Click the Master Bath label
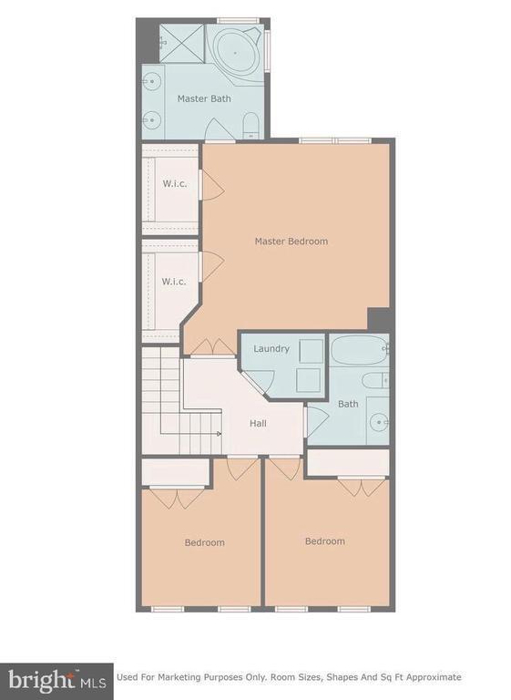(x=204, y=98)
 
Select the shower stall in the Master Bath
(x=182, y=44)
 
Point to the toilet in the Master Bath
(x=250, y=126)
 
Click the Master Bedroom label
(x=291, y=242)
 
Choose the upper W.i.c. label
(x=175, y=183)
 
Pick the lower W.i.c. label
(x=174, y=282)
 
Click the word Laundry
(x=271, y=349)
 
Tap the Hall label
(x=258, y=423)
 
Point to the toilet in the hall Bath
(x=375, y=381)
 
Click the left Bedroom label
(x=204, y=543)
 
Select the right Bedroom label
(x=325, y=541)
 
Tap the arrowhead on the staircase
(x=219, y=434)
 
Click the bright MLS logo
(x=56, y=681)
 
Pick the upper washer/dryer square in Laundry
(x=311, y=351)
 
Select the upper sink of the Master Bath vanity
(x=152, y=82)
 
